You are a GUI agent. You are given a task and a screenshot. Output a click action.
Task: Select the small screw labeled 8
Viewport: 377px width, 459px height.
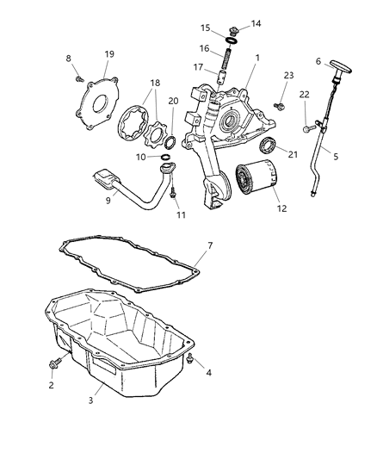point(80,77)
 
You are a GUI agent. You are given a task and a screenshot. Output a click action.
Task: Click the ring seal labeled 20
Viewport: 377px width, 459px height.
point(172,140)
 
